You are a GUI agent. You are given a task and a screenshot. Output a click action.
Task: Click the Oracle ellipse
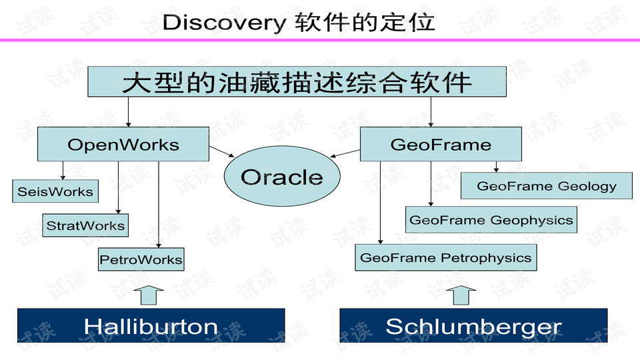point(281,177)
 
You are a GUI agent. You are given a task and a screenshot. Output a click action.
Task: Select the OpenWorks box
point(123,145)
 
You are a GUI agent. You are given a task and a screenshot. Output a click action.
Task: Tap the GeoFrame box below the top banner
point(440,145)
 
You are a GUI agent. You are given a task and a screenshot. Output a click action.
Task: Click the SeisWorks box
point(55,191)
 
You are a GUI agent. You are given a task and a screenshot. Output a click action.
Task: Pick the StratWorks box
point(85,225)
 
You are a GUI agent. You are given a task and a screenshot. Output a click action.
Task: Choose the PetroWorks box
point(141,259)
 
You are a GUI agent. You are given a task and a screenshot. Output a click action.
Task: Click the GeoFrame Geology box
point(546,186)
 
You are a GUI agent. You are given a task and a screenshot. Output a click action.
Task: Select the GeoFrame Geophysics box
point(491,219)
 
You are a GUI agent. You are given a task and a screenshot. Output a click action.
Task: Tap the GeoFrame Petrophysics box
point(445,257)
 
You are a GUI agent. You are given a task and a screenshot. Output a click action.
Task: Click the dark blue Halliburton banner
point(151,326)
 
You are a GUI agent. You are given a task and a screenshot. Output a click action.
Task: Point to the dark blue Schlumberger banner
point(473,326)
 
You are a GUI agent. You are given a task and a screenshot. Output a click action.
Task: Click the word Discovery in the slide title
point(224,23)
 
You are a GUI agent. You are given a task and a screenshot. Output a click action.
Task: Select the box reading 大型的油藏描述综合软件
point(297,83)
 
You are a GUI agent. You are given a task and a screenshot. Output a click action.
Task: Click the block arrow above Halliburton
point(151,295)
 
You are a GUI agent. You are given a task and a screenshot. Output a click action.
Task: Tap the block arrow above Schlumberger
point(461,295)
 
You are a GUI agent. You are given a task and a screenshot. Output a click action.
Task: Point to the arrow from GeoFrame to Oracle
point(345,155)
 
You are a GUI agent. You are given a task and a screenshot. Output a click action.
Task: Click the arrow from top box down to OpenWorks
point(129,113)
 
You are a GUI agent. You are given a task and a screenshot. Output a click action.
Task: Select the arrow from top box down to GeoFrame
point(431,113)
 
